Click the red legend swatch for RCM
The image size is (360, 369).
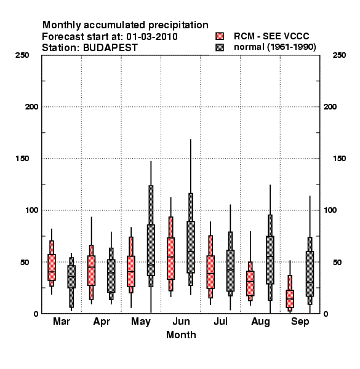(220, 36)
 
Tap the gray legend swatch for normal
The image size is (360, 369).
(220, 47)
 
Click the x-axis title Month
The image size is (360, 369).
(181, 335)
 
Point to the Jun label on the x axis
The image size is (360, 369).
(181, 322)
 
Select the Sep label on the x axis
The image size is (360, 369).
(300, 322)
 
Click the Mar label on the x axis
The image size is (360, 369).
(62, 322)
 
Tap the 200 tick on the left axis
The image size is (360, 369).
(31, 107)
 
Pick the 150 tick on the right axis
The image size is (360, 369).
(339, 159)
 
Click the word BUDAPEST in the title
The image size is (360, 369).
(110, 48)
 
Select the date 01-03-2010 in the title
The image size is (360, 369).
(152, 37)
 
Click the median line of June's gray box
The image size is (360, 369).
(191, 252)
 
